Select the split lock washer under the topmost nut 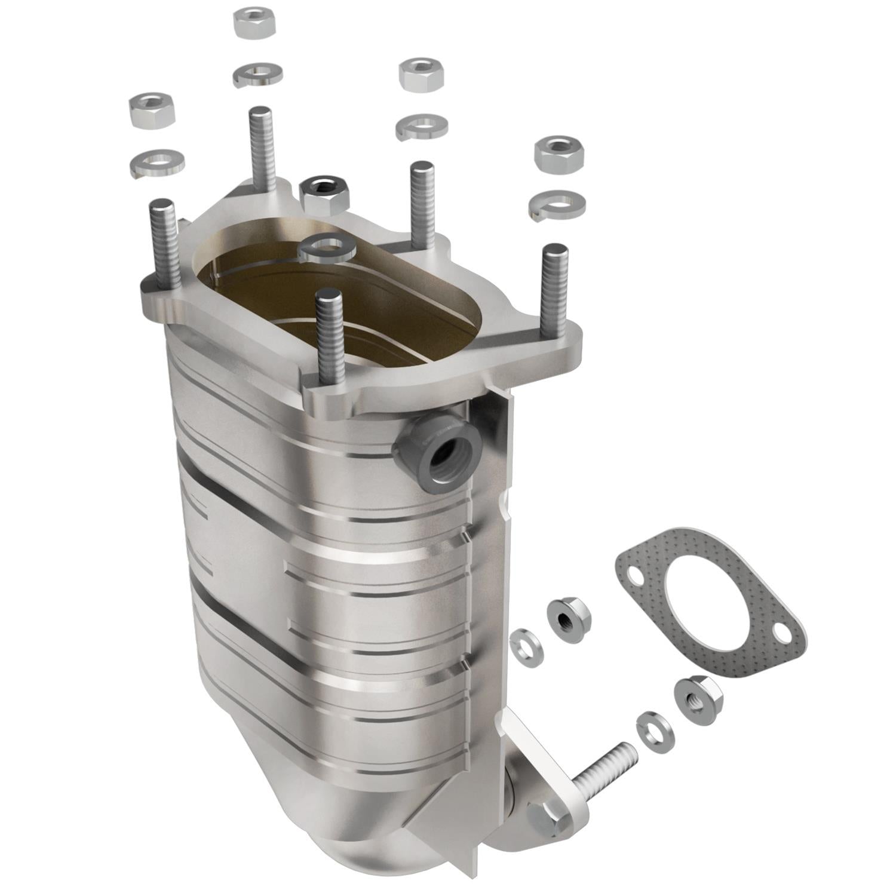tap(257, 74)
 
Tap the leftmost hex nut tap(154, 111)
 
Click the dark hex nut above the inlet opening tap(325, 194)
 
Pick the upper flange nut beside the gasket tap(568, 616)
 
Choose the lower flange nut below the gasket tap(697, 699)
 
